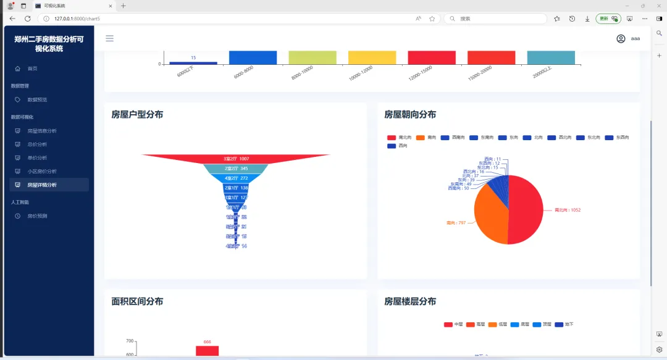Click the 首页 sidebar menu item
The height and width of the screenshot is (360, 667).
click(x=32, y=69)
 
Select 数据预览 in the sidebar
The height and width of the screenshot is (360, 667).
click(x=37, y=99)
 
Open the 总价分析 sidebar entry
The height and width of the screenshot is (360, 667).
click(x=37, y=144)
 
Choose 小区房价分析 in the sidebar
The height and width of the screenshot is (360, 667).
click(x=41, y=172)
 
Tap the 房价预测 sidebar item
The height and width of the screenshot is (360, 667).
click(x=37, y=216)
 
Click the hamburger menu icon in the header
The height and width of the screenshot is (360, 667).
click(x=109, y=38)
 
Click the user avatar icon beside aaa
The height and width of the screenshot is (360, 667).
click(x=621, y=38)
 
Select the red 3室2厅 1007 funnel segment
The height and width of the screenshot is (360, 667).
click(x=236, y=159)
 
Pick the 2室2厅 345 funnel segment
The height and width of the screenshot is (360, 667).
click(x=236, y=169)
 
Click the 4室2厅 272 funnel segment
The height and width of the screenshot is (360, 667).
click(x=236, y=178)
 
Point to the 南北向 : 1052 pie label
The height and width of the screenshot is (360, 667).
click(x=567, y=210)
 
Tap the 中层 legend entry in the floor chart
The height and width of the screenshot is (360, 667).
click(x=453, y=324)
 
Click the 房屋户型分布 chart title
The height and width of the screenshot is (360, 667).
click(x=137, y=114)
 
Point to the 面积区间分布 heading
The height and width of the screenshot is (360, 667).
click(x=137, y=301)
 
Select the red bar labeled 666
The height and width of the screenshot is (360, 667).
click(x=207, y=351)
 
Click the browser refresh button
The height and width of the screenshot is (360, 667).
click(x=28, y=19)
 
